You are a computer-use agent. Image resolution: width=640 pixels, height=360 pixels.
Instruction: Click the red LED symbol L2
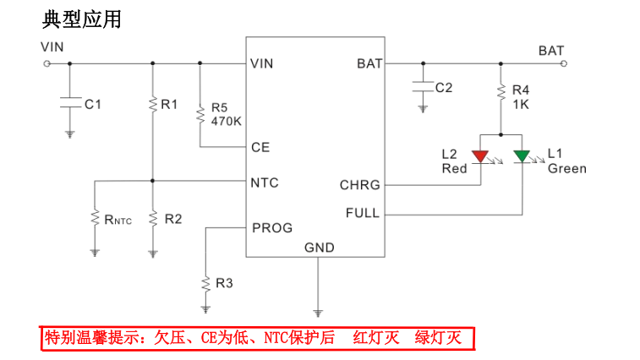point(481,156)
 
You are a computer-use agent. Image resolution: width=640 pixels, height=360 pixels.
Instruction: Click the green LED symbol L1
point(522,156)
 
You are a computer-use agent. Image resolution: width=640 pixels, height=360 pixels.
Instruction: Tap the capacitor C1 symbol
point(70,103)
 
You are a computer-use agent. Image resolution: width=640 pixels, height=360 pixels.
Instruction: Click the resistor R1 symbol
point(152,104)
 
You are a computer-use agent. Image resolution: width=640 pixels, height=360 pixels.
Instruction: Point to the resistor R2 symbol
point(152,219)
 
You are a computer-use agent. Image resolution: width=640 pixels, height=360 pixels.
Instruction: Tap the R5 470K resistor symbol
point(200,113)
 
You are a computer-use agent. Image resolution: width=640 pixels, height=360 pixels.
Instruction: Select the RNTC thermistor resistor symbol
point(96,219)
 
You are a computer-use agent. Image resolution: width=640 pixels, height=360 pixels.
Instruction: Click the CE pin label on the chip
point(260,147)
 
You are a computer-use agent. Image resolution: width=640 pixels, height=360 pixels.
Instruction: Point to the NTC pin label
point(265,183)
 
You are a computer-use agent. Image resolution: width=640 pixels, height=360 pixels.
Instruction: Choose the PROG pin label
point(271,228)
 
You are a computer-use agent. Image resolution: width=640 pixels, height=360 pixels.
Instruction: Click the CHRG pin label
point(359,185)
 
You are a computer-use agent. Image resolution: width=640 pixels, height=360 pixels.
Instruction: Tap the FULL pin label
point(363,213)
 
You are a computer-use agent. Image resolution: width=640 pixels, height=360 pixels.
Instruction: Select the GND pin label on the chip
point(319,248)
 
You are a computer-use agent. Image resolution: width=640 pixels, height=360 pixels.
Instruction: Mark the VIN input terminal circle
point(46,63)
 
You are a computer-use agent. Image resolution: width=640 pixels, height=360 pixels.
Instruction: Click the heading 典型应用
point(81,18)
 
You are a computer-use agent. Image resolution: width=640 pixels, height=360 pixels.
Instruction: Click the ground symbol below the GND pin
point(318,312)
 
